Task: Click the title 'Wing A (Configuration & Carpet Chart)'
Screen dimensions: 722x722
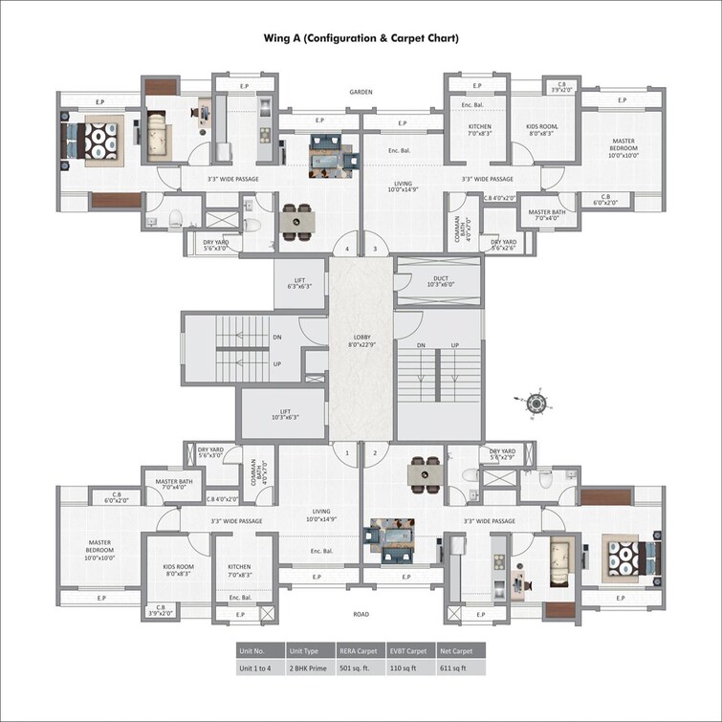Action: coord(361,38)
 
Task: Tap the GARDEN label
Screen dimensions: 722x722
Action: coord(361,93)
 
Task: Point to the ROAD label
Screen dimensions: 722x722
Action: coord(361,614)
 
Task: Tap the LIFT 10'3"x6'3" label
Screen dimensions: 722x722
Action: coord(285,413)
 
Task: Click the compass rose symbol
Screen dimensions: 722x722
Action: coord(537,404)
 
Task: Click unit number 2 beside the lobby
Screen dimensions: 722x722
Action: coord(376,452)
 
